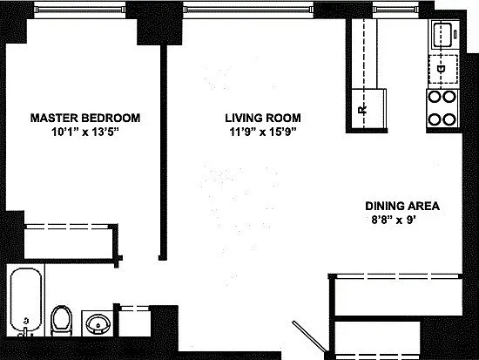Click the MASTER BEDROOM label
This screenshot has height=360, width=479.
[x=85, y=118]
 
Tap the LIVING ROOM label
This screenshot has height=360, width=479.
[x=263, y=118]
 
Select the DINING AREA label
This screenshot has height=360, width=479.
[x=402, y=206]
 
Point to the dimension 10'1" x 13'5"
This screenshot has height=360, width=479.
[x=85, y=132]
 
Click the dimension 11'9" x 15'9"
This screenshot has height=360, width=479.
[x=263, y=132]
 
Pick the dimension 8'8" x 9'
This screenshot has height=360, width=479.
[x=394, y=220]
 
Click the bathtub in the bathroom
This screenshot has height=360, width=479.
[x=26, y=302]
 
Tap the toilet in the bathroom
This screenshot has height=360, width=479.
[x=62, y=320]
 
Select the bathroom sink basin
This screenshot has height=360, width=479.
[x=98, y=323]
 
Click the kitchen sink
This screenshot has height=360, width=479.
[x=445, y=34]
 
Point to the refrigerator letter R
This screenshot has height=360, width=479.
[x=362, y=110]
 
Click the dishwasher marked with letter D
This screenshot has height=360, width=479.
[x=443, y=69]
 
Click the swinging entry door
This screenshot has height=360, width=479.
[x=309, y=336]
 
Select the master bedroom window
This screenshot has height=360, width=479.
[x=80, y=10]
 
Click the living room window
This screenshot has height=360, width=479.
[x=248, y=10]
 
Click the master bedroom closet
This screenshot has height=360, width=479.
[x=71, y=242]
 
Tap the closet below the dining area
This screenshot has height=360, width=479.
[x=396, y=295]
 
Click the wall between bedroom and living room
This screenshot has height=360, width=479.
[x=164, y=153]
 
